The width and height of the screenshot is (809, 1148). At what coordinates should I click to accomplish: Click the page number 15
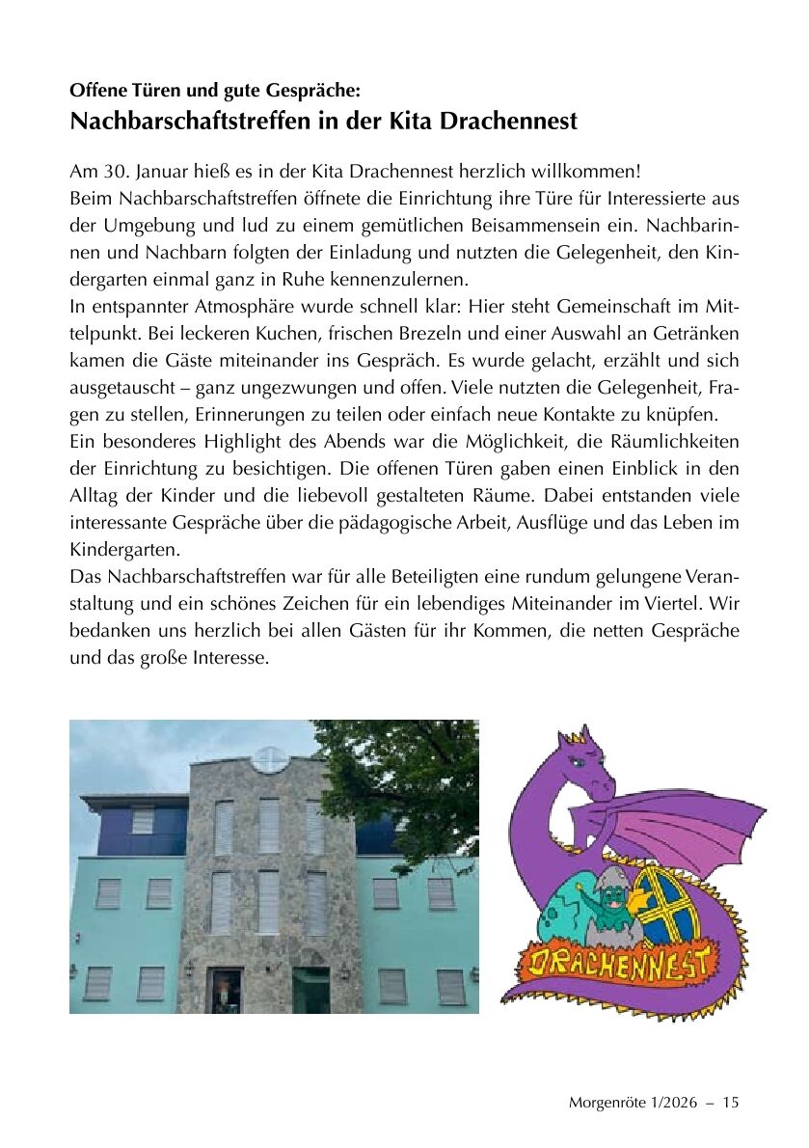click(730, 1103)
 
